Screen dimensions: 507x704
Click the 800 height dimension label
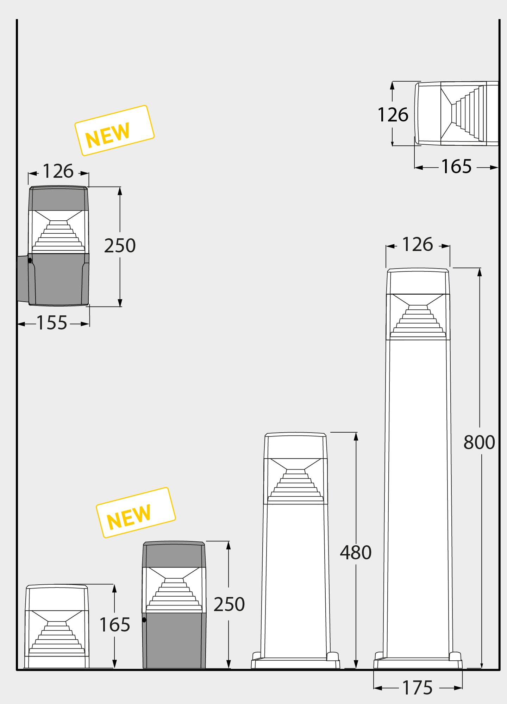click(479, 442)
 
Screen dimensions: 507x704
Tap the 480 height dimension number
click(356, 553)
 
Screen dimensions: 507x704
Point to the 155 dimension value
click(52, 323)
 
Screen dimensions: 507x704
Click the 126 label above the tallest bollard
click(418, 244)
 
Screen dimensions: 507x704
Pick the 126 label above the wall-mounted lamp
click(58, 171)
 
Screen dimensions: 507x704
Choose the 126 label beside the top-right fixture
click(393, 115)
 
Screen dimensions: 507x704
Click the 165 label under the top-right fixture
click(457, 166)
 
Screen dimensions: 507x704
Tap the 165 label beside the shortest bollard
click(115, 625)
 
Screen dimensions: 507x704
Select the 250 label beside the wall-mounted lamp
click(120, 246)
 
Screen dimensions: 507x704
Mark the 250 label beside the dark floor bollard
click(229, 604)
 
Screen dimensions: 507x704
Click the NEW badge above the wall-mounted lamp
click(114, 131)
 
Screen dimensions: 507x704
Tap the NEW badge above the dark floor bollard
click(136, 513)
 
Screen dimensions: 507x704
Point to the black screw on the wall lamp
click(30, 260)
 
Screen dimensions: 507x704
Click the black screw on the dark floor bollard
click(144, 620)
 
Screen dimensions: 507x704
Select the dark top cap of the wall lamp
click(58, 198)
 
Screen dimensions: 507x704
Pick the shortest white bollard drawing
click(57, 626)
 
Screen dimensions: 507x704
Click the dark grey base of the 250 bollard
click(174, 641)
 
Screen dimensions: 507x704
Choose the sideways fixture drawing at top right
click(457, 114)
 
